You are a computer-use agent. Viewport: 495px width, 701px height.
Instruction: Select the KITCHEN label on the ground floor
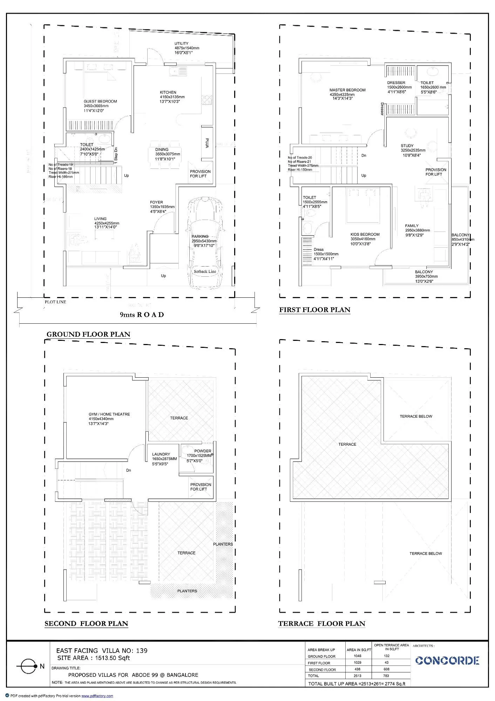pyautogui.click(x=168, y=93)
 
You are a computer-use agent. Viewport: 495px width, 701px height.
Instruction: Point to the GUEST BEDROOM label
pyautogui.click(x=100, y=101)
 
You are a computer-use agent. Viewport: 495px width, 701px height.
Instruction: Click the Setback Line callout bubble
pyautogui.click(x=205, y=271)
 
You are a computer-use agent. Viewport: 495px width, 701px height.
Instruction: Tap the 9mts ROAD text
pyautogui.click(x=142, y=315)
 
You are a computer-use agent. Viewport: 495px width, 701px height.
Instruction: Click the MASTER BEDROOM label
pyautogui.click(x=347, y=90)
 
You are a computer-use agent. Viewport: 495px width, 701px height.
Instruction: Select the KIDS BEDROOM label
pyautogui.click(x=365, y=234)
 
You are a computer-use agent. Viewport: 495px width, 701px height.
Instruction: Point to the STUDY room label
pyautogui.click(x=407, y=146)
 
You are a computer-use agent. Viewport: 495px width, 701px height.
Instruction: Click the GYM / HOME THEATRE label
pyautogui.click(x=109, y=414)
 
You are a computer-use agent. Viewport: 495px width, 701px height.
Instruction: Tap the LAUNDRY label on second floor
pyautogui.click(x=161, y=454)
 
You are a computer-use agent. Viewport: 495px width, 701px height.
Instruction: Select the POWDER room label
pyautogui.click(x=203, y=451)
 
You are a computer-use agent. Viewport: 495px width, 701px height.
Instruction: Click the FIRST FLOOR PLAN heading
pyautogui.click(x=314, y=310)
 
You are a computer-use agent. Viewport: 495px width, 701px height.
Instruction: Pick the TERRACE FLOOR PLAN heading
pyautogui.click(x=321, y=624)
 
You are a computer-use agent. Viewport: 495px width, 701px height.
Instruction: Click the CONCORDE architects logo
pyautogui.click(x=447, y=661)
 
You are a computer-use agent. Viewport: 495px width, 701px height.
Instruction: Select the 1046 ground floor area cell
pyautogui.click(x=358, y=656)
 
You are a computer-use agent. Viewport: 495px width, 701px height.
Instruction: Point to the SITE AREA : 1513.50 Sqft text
pyautogui.click(x=93, y=658)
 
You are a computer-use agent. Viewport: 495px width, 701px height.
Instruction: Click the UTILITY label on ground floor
pyautogui.click(x=182, y=43)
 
